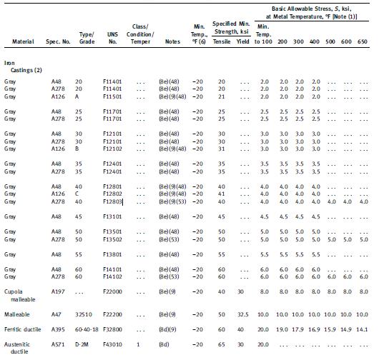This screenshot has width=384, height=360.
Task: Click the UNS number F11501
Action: (112, 96)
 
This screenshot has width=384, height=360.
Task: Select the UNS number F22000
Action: (113, 291)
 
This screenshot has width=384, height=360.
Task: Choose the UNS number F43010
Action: (113, 347)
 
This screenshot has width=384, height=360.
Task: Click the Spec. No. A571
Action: (57, 347)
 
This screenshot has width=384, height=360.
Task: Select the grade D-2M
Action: (84, 347)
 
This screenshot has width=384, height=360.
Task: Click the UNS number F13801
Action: (113, 254)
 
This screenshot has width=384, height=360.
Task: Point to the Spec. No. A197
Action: (57, 291)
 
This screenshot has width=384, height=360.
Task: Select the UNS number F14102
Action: (113, 276)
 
